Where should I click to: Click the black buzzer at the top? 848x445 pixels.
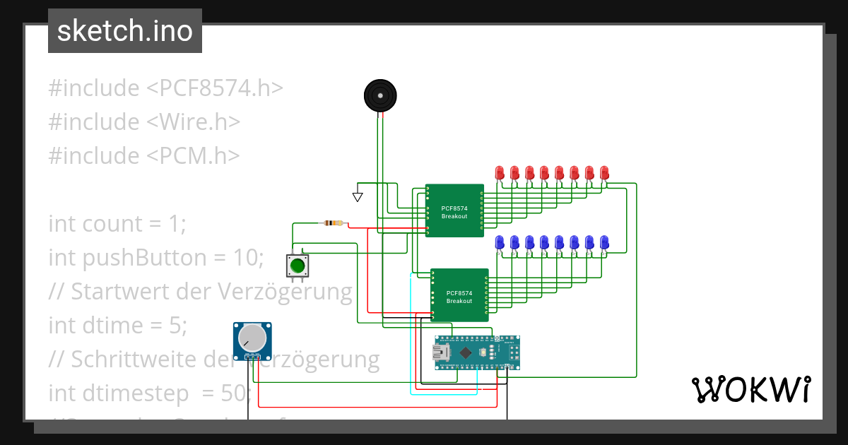[x=380, y=95]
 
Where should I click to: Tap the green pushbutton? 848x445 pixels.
[x=297, y=266]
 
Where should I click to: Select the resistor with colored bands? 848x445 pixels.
[x=332, y=224]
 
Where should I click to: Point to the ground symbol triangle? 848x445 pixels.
[x=358, y=197]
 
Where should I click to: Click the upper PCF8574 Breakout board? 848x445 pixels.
[x=454, y=211]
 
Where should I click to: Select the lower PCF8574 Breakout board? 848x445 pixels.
[x=459, y=296]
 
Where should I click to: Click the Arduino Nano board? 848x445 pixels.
[x=477, y=352]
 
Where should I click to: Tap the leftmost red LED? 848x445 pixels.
[x=499, y=172]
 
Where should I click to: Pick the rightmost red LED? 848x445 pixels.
[x=604, y=172]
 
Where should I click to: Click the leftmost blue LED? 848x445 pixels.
[x=499, y=242]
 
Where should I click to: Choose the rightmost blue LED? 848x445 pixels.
[x=604, y=242]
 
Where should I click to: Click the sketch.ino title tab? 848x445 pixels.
[x=125, y=31]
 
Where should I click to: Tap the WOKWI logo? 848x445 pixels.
[x=750, y=390]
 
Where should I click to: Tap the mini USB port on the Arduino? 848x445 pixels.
[x=444, y=352]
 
